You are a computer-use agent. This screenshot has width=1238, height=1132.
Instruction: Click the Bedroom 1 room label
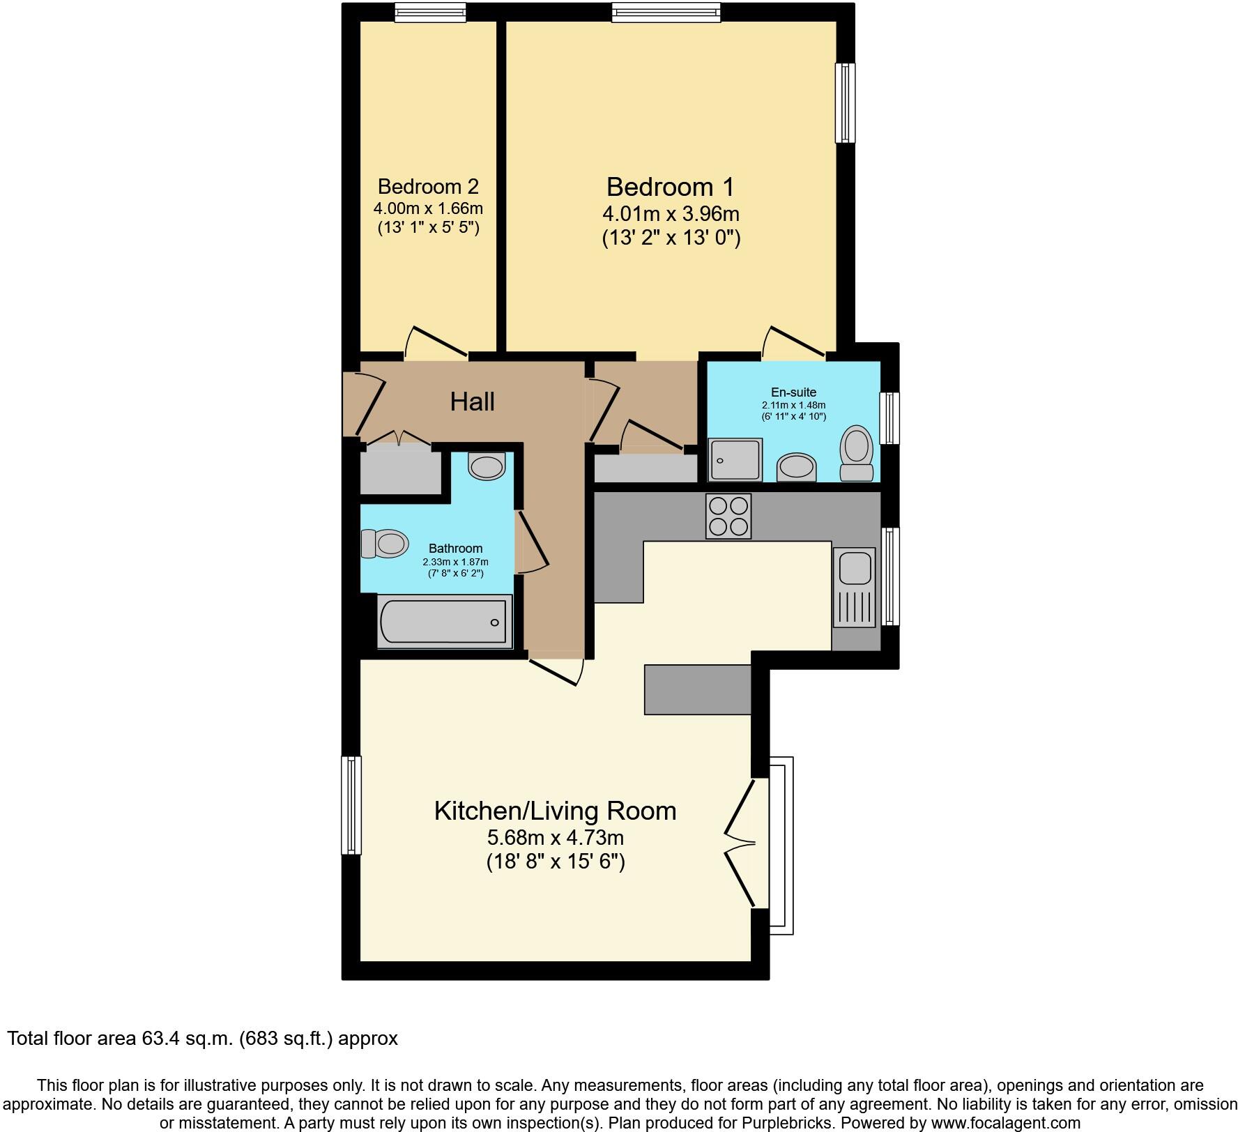pyautogui.click(x=670, y=188)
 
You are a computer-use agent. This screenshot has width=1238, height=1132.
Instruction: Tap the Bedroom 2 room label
pyautogui.click(x=428, y=187)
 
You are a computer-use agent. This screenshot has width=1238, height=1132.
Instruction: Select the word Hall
pyautogui.click(x=472, y=402)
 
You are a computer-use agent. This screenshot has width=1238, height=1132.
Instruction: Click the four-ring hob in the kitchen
pyautogui.click(x=728, y=516)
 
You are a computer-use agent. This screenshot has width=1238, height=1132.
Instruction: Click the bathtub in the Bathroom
pyautogui.click(x=444, y=622)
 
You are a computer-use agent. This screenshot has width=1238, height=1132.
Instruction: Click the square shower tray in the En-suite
pyautogui.click(x=735, y=459)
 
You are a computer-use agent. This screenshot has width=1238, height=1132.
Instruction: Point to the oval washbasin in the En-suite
pyautogui.click(x=797, y=468)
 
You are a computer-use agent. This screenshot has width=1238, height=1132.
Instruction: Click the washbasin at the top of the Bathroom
pyautogui.click(x=487, y=466)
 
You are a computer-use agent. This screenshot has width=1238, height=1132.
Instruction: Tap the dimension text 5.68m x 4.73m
pyautogui.click(x=555, y=836)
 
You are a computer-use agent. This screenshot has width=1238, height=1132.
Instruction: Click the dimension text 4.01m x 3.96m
pyautogui.click(x=671, y=213)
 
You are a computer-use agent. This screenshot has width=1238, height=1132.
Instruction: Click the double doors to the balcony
pyautogui.click(x=740, y=843)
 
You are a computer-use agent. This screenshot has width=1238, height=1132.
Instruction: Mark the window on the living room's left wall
pyautogui.click(x=351, y=805)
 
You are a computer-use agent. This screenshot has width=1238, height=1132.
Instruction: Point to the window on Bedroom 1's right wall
pyautogui.click(x=845, y=103)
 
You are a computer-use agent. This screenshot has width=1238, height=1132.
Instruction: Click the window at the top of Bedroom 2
pyautogui.click(x=429, y=12)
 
